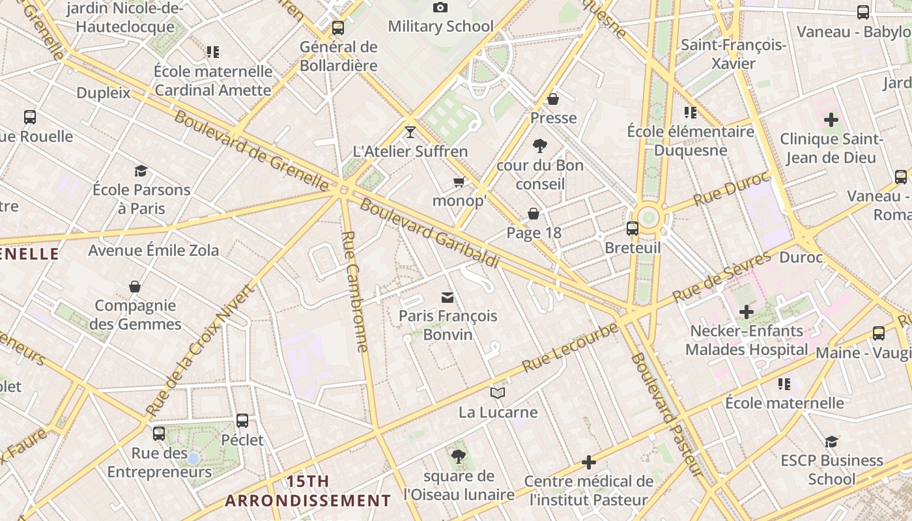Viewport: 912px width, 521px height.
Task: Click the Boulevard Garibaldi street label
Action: (429, 233)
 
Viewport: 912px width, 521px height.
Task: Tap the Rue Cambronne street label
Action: (355, 291)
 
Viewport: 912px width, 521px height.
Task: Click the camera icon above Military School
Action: (440, 8)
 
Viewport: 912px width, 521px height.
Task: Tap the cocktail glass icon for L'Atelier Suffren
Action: (410, 132)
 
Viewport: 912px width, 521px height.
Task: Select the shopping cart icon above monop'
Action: (459, 182)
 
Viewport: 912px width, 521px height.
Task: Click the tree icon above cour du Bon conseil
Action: (539, 146)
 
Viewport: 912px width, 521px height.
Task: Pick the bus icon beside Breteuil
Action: (632, 229)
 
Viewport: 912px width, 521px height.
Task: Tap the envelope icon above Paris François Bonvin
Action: (448, 298)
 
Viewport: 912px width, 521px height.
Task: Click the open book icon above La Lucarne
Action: (498, 393)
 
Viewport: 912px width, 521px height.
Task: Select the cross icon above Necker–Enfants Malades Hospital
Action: (747, 312)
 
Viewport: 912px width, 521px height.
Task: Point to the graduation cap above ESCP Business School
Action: (831, 442)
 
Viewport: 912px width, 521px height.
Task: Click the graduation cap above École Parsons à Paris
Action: (141, 171)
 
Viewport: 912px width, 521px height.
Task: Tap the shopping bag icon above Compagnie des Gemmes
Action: (135, 287)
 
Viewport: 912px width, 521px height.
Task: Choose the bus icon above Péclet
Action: (242, 421)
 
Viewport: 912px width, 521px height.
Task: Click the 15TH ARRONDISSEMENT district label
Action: (308, 491)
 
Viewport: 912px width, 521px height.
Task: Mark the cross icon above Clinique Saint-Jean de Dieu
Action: (831, 120)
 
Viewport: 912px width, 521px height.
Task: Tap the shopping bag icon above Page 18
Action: (534, 214)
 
